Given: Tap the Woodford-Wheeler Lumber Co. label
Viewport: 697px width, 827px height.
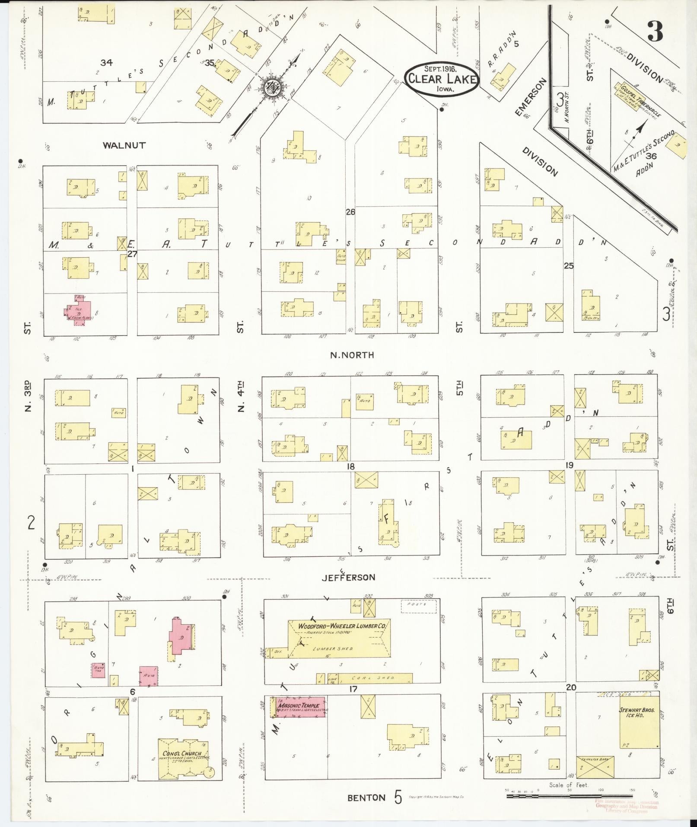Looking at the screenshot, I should pos(344,625).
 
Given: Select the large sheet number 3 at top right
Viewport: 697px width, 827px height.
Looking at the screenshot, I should pos(655,32).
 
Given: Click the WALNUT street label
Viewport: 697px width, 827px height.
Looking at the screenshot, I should pos(124,145).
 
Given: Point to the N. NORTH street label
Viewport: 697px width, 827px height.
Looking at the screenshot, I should pos(352,355).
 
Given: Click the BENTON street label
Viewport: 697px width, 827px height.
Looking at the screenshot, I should pos(366,798).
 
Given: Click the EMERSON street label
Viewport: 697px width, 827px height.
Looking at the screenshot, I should pos(531,98).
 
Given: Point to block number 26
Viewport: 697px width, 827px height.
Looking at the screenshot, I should pos(350,212).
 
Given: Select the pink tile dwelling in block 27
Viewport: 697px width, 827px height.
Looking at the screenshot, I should pos(80,312).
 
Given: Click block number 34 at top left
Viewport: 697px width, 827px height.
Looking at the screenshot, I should pos(106,63).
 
